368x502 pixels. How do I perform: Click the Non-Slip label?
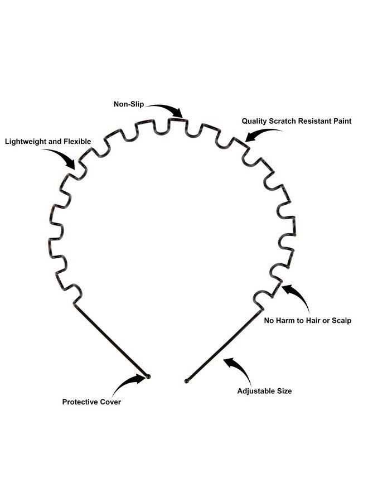129,104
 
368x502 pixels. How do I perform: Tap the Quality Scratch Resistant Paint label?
296,121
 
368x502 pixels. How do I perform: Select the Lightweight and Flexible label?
48,142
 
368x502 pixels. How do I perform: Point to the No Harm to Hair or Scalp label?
308,321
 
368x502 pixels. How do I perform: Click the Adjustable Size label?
264,391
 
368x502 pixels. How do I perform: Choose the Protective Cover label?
91,402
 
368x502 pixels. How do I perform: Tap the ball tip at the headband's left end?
148,376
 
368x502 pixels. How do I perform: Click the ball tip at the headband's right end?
187,380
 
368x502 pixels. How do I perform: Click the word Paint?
341,121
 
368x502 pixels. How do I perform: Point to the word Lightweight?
25,142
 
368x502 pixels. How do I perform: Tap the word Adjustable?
253,391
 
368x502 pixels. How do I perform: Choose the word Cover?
110,402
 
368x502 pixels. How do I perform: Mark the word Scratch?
283,121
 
